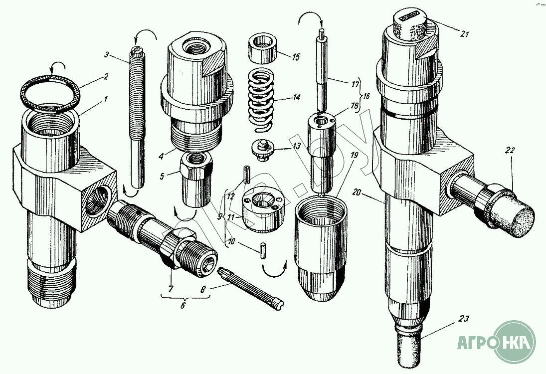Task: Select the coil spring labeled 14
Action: coord(261,100)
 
